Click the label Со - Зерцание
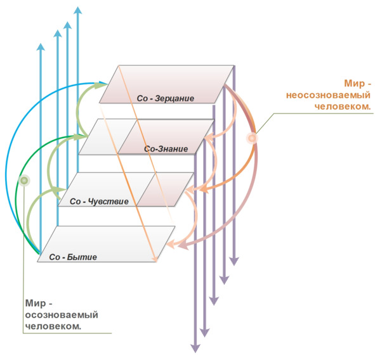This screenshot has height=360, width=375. pos(165,98)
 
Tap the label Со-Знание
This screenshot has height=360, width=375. pos(166,149)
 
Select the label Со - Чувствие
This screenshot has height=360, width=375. pos(99,202)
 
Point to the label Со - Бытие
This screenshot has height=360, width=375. pos(73,257)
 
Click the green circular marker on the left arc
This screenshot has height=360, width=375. pos(24,181)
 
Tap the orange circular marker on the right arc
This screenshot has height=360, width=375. pos(252,138)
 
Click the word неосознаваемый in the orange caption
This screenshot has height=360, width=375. pos(328,95)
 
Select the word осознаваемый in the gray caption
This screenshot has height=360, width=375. pos(62,315)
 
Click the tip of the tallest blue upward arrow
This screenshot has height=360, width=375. pos(77,7)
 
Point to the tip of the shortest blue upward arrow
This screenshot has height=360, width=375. pos(41,44)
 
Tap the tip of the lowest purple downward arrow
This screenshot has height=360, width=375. pos(195,352)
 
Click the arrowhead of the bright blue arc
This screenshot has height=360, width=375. pos(107,84)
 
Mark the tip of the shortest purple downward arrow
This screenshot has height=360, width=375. pos(234,265)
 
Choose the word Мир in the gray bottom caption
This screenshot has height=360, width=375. pos(36,304)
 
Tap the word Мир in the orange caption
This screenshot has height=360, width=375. pos(355,84)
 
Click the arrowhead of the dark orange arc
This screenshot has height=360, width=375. pos(201,190)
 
